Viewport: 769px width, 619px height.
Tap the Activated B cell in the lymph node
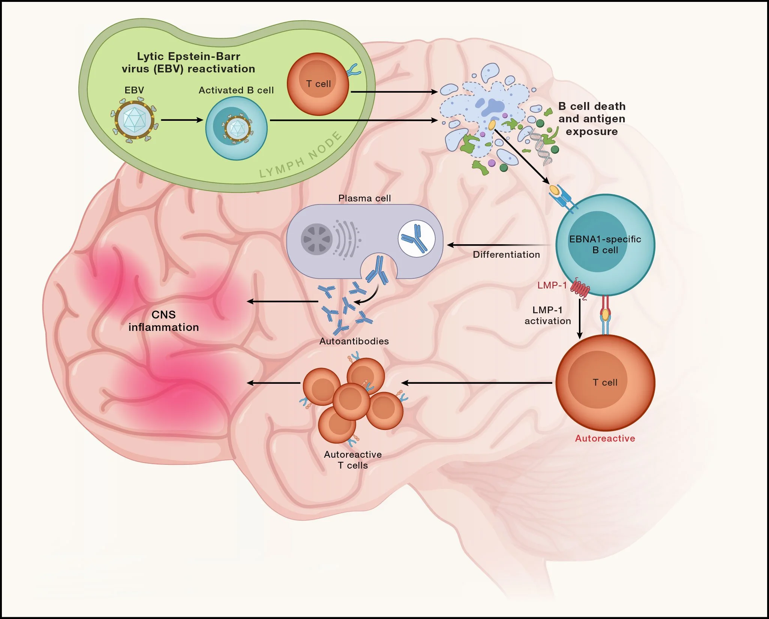[236, 128]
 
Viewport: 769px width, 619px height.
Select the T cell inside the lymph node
[318, 84]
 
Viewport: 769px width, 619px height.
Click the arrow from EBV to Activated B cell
[182, 120]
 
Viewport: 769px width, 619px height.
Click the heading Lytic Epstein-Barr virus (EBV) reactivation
[188, 63]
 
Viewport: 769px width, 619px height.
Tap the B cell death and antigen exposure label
[592, 119]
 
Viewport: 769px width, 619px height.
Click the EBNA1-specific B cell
[605, 245]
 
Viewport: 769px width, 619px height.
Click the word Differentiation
[506, 255]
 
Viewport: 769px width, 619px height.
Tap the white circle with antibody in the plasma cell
[416, 239]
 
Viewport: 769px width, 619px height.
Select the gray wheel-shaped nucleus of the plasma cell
[317, 239]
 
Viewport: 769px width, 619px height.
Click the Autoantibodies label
[354, 341]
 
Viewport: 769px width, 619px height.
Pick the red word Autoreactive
[605, 439]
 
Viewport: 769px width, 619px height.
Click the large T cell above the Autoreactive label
[605, 383]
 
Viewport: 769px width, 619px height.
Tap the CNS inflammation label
[163, 321]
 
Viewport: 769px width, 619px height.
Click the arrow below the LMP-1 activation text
[580, 319]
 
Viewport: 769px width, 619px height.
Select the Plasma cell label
[364, 198]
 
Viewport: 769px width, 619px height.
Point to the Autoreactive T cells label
[353, 460]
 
